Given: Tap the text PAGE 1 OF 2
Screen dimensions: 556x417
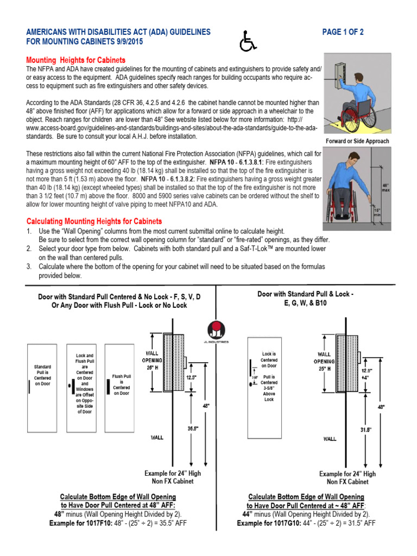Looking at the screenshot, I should point(343,33).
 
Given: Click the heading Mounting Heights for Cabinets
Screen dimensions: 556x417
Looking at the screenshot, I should point(76,60).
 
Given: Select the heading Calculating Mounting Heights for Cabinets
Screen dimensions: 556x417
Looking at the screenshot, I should point(94,222).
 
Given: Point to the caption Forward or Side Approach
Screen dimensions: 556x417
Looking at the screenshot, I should point(357,141).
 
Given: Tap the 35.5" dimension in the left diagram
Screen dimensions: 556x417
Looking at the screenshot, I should point(193,428).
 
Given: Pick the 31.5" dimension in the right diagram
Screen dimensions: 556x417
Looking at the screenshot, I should point(366,429).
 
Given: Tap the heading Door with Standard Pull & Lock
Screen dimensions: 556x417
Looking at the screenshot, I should point(306,294).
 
